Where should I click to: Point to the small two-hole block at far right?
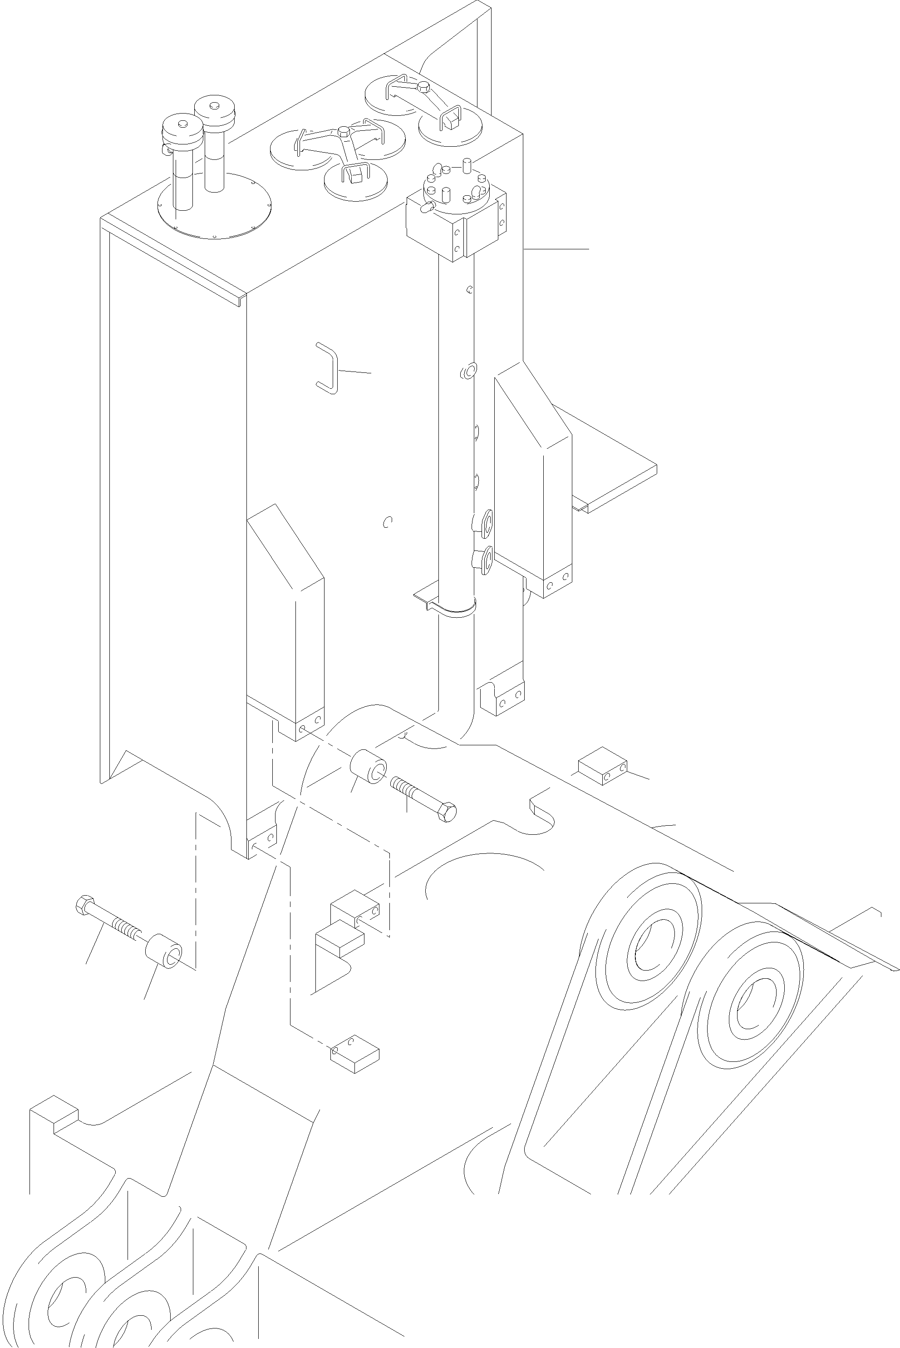click(x=602, y=766)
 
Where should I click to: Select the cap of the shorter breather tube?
click(x=182, y=125)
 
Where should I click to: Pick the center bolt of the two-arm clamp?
click(x=423, y=87)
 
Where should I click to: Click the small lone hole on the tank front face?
click(x=388, y=521)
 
